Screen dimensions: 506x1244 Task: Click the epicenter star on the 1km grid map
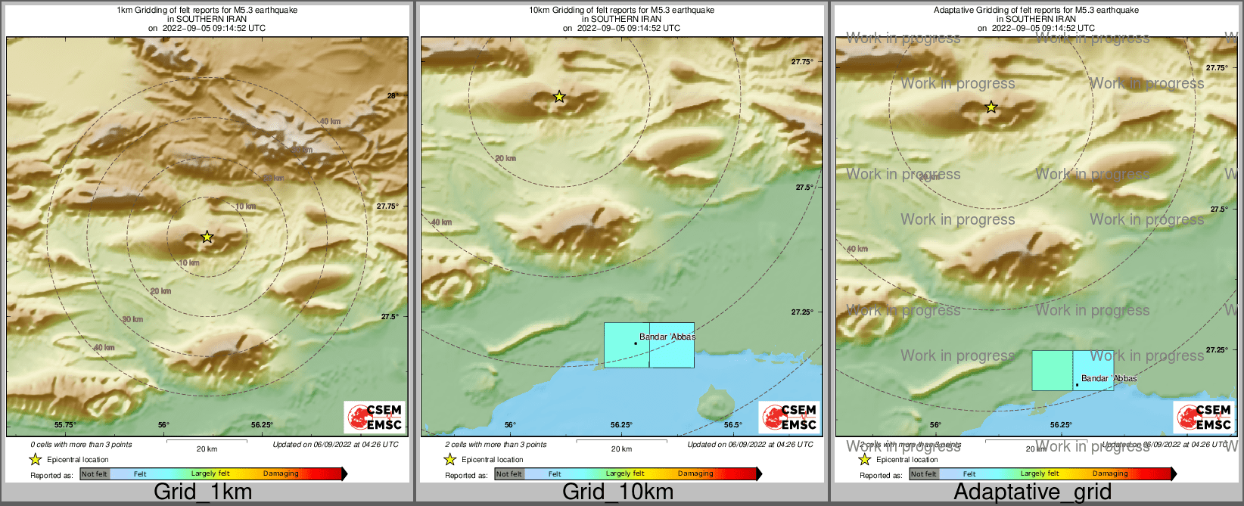pyautogui.click(x=207, y=237)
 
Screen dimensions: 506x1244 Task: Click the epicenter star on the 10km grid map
pyautogui.click(x=559, y=97)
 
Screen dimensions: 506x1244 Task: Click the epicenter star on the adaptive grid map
pyautogui.click(x=991, y=107)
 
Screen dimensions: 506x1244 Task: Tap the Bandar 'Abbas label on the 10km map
pyautogui.click(x=667, y=337)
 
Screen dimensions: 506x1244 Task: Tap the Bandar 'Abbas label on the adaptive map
pyautogui.click(x=1109, y=378)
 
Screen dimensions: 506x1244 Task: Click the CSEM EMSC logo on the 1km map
pyautogui.click(x=375, y=417)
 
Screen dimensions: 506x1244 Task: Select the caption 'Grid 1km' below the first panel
pyautogui.click(x=203, y=492)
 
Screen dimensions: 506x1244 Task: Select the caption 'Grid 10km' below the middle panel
pyautogui.click(x=617, y=492)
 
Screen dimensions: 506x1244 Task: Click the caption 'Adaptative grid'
pyautogui.click(x=1032, y=492)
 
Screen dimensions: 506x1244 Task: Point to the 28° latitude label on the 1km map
pyautogui.click(x=391, y=96)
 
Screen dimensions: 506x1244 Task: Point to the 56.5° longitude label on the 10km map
pyautogui.click(x=732, y=425)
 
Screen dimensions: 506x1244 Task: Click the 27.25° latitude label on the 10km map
pyautogui.click(x=802, y=312)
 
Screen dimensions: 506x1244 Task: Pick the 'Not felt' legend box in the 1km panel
pyautogui.click(x=95, y=474)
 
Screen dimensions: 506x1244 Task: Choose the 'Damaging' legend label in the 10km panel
pyautogui.click(x=695, y=474)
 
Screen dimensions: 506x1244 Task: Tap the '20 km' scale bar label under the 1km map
pyautogui.click(x=207, y=449)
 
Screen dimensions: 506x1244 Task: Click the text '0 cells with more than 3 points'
pyautogui.click(x=81, y=445)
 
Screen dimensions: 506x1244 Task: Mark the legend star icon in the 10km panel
pyautogui.click(x=449, y=460)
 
